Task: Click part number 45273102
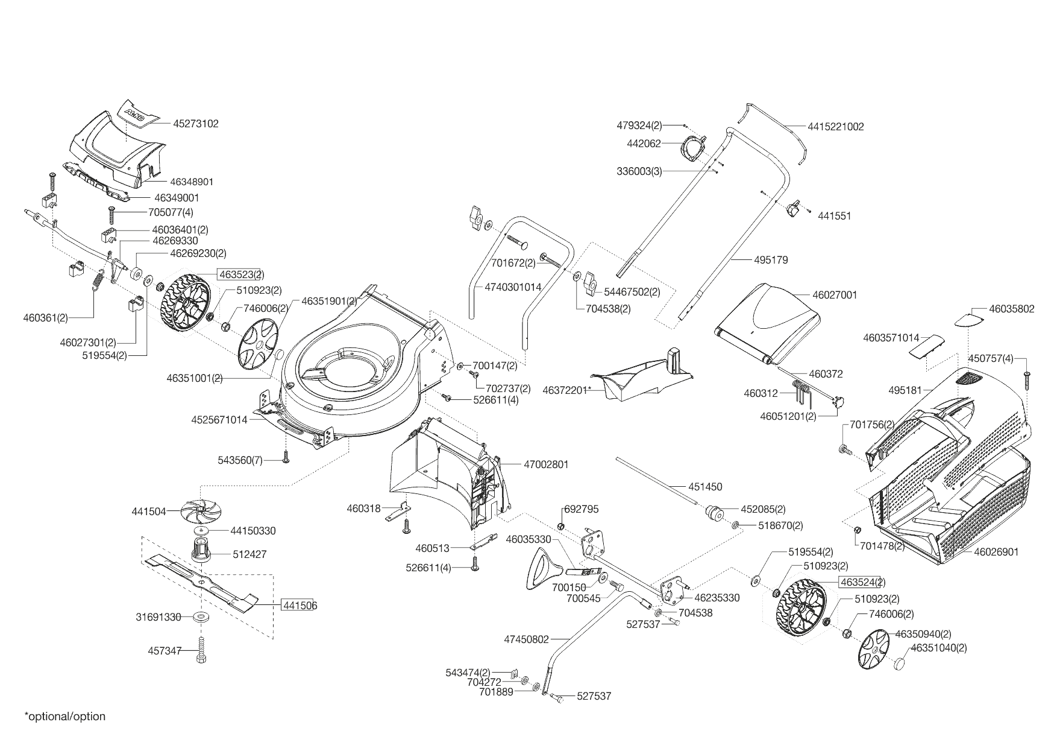click(x=195, y=124)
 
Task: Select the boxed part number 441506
click(x=300, y=605)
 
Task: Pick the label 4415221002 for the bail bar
click(x=836, y=127)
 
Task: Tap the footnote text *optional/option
click(x=65, y=717)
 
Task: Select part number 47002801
click(x=546, y=464)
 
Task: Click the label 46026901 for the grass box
click(x=996, y=552)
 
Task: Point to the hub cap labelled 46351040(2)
click(x=902, y=664)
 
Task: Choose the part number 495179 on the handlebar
click(x=771, y=260)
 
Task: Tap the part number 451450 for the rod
click(x=704, y=487)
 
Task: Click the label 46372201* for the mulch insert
click(x=566, y=390)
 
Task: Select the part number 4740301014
click(x=513, y=287)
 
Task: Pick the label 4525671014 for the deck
click(x=219, y=419)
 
